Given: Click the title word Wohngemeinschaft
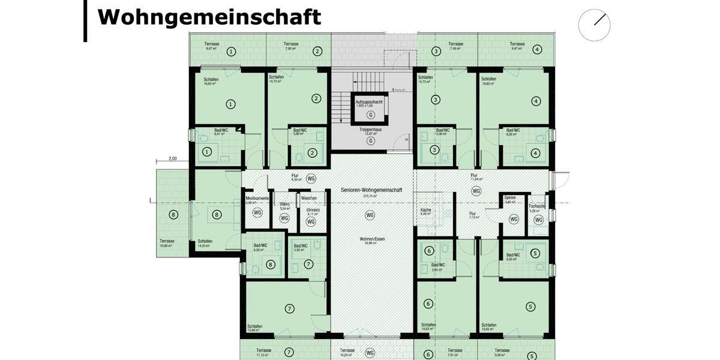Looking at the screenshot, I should [209, 17].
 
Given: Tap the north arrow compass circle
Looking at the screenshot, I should [594, 25].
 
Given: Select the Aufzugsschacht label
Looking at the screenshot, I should [369, 103].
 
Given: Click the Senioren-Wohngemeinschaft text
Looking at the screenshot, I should [371, 190].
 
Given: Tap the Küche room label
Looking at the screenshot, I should [425, 211].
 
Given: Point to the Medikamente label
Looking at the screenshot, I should [257, 199].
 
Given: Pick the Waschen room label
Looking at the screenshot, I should [309, 198].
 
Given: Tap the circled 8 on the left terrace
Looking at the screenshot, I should [173, 215].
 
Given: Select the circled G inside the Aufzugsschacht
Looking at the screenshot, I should [370, 114].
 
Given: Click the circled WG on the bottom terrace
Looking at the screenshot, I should [370, 353].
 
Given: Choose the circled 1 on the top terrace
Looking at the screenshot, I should [231, 52].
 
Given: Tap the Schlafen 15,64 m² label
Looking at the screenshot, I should [255, 328].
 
